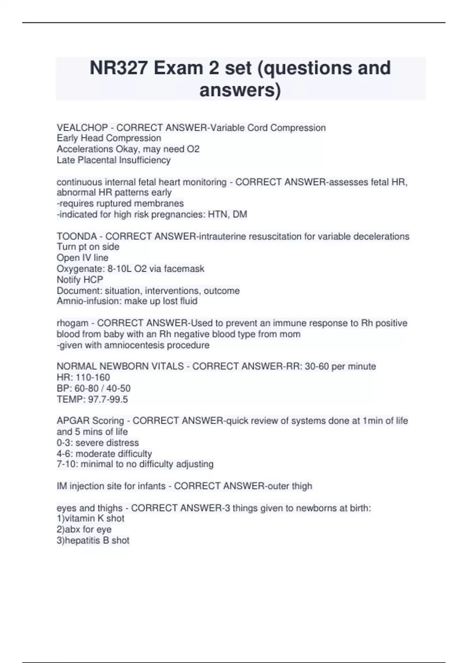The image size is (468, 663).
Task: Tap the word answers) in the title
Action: [x=240, y=90]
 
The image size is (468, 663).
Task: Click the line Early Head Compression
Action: [x=109, y=138]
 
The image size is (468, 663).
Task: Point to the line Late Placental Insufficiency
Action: [x=113, y=160]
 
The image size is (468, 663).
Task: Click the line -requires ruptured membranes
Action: [x=120, y=203]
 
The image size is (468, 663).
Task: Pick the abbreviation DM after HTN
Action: [x=240, y=214]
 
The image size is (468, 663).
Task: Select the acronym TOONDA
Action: [x=76, y=236]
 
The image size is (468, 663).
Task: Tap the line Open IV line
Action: [x=82, y=257]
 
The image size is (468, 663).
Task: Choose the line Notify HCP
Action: [x=80, y=280]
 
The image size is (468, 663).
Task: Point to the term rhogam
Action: [x=73, y=323]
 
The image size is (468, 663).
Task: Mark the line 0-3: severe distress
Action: [x=97, y=443]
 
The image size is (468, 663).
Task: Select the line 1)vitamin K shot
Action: [x=90, y=518]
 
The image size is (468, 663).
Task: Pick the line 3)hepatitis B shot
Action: [x=93, y=540]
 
